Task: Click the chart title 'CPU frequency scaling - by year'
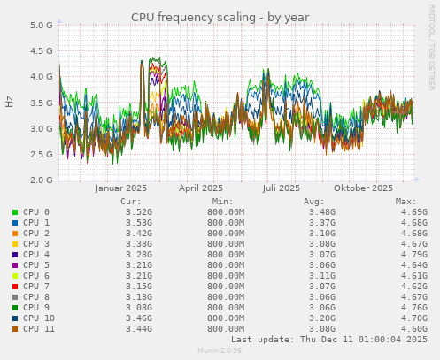220,17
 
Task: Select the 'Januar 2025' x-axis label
120,188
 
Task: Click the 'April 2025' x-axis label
201,188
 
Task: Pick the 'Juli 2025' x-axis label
282,188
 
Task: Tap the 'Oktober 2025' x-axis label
363,188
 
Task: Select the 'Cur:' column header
129,202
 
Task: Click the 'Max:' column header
405,202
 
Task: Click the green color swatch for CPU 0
15,213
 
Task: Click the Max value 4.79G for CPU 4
413,254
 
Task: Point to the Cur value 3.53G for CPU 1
139,223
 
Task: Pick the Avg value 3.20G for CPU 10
321,318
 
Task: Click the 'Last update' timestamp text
329,339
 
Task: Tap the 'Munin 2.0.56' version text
220,351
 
